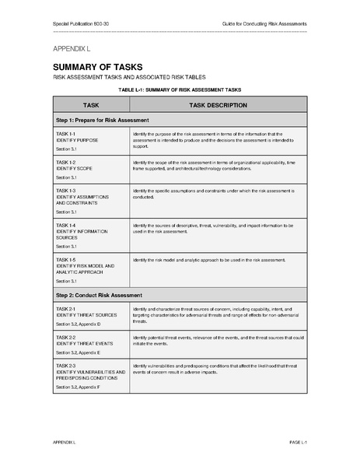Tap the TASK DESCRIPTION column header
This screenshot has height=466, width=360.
tap(218, 105)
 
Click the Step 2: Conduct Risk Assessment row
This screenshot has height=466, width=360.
tap(100, 296)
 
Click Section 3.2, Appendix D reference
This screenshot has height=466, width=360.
tap(79, 324)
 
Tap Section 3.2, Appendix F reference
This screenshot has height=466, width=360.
tap(79, 387)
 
